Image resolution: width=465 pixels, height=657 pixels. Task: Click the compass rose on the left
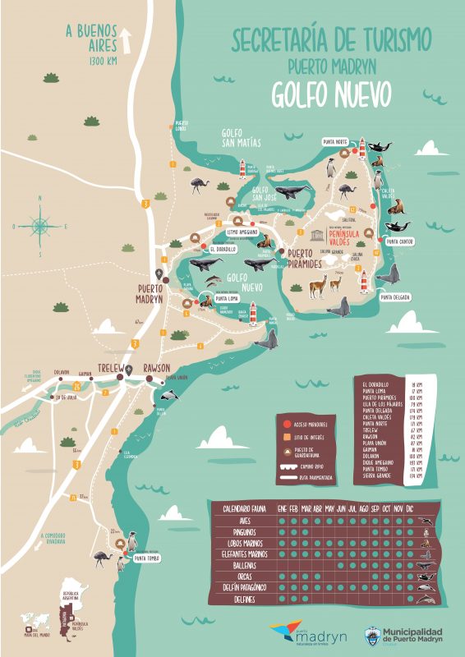pos(38,222)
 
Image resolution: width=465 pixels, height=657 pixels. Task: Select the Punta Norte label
pos(335,142)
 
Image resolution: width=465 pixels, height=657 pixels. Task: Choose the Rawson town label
pos(156,367)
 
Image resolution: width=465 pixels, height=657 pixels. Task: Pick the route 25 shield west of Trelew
pos(76,384)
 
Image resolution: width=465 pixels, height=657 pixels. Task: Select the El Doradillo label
pos(223,249)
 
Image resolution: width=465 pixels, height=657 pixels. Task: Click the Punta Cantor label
pos(399,241)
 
